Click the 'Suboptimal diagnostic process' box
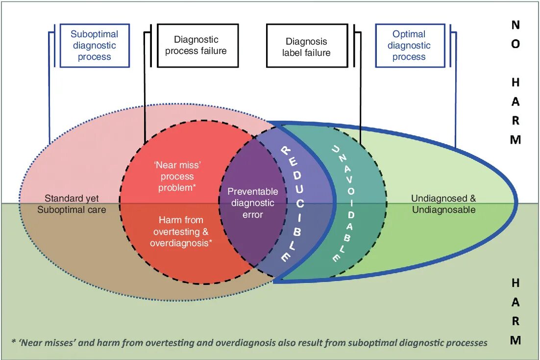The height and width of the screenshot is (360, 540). (x=95, y=46)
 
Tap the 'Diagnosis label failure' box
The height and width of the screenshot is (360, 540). (x=306, y=47)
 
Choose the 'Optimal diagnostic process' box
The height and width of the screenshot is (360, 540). (x=409, y=46)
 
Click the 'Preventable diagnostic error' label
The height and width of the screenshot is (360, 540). (x=252, y=203)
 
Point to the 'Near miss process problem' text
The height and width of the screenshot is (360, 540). (x=176, y=177)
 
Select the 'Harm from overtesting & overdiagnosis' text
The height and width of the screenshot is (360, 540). (x=180, y=231)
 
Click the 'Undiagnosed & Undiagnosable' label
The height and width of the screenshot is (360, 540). (x=443, y=204)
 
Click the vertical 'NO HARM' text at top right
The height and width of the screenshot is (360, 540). (x=515, y=82)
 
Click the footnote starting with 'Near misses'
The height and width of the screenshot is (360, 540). (x=249, y=343)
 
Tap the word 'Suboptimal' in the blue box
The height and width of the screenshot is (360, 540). (x=95, y=34)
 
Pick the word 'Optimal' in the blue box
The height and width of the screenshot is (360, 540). (x=409, y=34)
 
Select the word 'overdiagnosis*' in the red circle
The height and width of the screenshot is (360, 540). (x=181, y=243)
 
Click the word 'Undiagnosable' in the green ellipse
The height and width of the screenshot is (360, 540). (x=443, y=210)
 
